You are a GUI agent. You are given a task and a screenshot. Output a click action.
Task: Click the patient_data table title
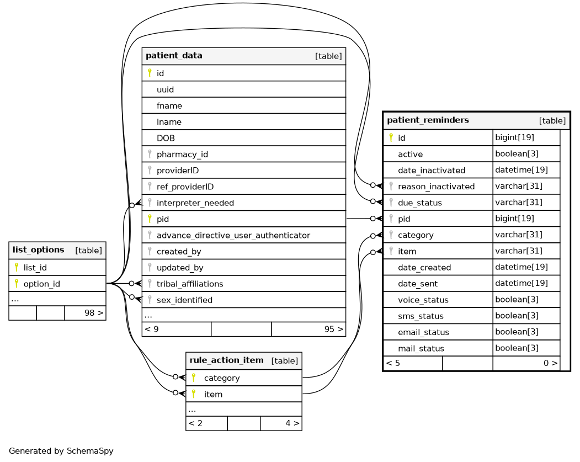point(174,56)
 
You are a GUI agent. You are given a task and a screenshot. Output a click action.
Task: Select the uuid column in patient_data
point(166,89)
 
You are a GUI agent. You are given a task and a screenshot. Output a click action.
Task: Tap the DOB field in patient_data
point(166,138)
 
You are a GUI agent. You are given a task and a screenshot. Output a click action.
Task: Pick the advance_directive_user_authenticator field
point(233,236)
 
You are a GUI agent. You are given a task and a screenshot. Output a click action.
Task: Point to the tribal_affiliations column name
point(190,284)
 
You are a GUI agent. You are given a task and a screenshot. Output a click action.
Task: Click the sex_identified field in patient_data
point(184,300)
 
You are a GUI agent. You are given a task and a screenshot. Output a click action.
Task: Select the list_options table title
point(38,250)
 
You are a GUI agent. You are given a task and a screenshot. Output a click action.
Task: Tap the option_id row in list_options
point(42,284)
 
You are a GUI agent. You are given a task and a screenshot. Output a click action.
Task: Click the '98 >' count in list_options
point(93,313)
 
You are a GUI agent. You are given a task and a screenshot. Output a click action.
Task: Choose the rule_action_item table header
point(227,360)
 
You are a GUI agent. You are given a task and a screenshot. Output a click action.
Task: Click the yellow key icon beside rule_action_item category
point(193,378)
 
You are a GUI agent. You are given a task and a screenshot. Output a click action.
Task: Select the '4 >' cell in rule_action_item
point(292,424)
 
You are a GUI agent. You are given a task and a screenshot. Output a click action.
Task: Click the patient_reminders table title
point(428,120)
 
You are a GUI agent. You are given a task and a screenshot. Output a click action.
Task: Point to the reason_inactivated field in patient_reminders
point(436,187)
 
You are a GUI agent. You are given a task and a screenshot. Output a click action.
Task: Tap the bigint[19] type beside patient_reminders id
point(514,137)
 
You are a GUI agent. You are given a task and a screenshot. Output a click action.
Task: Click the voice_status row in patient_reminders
point(423,300)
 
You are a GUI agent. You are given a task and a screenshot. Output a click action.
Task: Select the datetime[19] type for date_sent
point(521,284)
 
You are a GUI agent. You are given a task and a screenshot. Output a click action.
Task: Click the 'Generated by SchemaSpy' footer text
point(61,451)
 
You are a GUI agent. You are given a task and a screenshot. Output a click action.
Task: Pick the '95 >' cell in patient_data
point(333,330)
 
